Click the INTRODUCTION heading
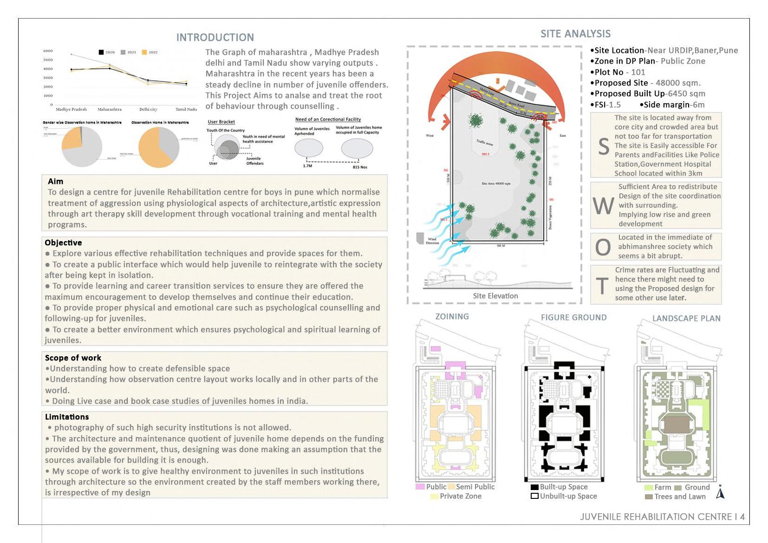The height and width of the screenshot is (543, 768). tap(215, 38)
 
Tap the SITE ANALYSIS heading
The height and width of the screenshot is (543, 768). tap(575, 34)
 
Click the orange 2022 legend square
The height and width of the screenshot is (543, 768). tap(144, 52)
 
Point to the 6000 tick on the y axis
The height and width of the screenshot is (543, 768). tap(48, 51)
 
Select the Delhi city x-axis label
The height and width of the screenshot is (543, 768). tap(148, 110)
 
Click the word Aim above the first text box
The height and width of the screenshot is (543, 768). tap(55, 181)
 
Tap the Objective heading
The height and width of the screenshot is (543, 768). tap(63, 242)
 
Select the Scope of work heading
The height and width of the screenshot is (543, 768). tap(73, 358)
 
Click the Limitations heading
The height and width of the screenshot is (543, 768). tap(67, 417)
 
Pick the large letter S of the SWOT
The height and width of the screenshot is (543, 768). tap(603, 147)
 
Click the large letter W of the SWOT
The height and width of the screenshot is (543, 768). tap(603, 206)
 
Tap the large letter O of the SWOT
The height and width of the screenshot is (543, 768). tap(603, 248)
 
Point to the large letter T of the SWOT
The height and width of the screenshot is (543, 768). tap(602, 286)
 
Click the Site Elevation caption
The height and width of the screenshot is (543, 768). tap(495, 296)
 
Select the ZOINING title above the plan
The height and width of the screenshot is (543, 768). tap(452, 317)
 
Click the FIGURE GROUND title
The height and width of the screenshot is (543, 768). tap(573, 318)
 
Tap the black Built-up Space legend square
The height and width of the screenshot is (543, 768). tap(534, 487)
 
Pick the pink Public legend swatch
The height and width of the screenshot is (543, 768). tap(420, 487)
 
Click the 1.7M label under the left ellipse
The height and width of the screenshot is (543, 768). tap(307, 166)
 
